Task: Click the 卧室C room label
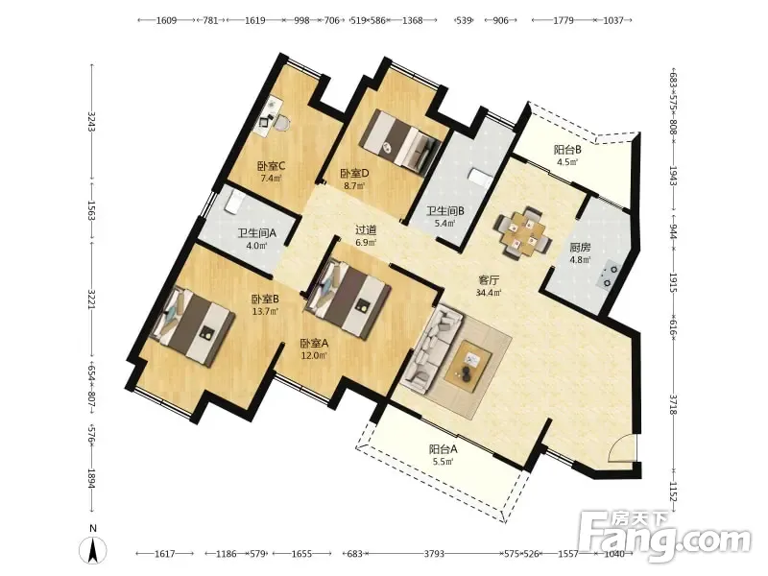coord(272,166)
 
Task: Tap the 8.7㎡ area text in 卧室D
coord(354,186)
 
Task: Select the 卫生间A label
coord(257,233)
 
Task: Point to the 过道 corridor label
coord(366,229)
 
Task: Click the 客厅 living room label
coord(489,280)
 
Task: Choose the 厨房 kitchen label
coord(580,248)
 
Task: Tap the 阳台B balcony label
coord(567,150)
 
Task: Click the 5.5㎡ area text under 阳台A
coord(443,461)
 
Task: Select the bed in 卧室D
coord(400,141)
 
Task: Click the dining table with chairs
coord(523,232)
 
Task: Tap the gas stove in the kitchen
coord(608,276)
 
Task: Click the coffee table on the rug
coord(468,366)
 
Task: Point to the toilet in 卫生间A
coord(233,202)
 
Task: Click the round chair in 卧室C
coord(281,122)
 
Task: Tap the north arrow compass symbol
coord(93,548)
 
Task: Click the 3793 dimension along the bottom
coord(434,554)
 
